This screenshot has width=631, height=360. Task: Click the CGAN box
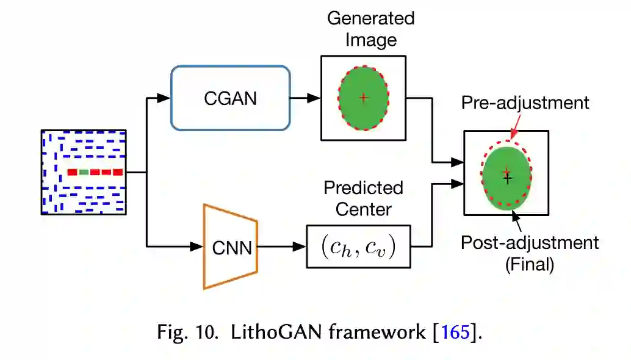pos(230,98)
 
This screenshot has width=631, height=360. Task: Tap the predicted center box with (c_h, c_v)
pos(358,246)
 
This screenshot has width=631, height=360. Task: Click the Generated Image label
pos(370,29)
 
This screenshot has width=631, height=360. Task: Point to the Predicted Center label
pos(363,198)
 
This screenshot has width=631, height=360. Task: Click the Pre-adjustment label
pos(525,102)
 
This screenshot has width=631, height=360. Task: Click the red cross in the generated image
pos(364,97)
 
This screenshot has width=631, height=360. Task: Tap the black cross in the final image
pos(508,178)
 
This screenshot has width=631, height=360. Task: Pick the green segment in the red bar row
pos(84,172)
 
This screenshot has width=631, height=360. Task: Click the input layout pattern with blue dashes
pos(84,172)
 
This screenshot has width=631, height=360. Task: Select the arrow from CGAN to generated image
pos(306,98)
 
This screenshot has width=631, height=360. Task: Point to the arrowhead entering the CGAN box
pos(164,98)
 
